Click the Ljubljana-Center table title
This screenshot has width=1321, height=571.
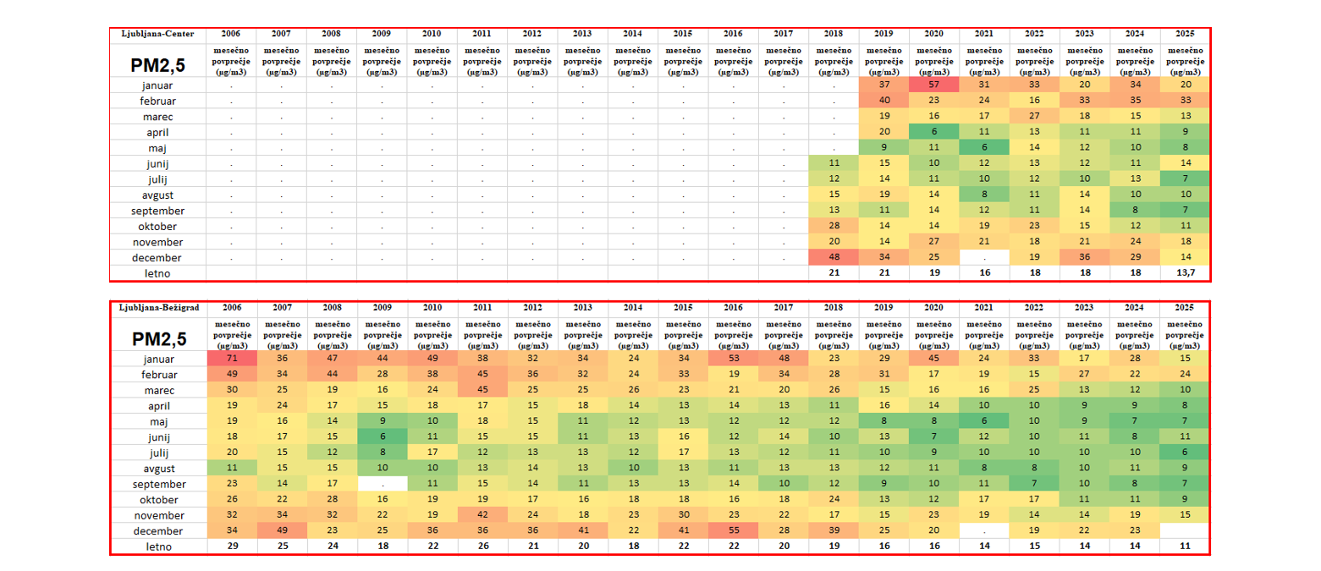158,34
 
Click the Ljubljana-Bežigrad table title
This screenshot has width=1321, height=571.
158,308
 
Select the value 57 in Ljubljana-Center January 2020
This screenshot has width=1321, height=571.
934,85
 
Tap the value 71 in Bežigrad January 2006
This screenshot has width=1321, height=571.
231,360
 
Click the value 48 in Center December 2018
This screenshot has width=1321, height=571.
834,257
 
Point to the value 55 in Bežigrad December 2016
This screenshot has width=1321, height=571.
734,530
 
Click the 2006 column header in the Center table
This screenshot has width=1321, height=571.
231,34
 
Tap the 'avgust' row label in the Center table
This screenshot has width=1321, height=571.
158,195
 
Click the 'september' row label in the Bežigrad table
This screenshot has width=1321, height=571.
158,484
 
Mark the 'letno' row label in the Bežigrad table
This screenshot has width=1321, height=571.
158,546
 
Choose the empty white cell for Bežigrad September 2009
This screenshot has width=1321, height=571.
382,484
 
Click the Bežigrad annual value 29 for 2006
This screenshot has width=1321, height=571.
231,546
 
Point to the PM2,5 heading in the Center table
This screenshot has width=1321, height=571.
158,64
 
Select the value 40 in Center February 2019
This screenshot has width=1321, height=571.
884,101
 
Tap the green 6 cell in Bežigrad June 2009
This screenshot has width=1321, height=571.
382,437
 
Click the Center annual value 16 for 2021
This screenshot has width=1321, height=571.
984,273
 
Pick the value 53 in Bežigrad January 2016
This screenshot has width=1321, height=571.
734,360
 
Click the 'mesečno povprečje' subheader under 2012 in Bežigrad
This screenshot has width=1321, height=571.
532,334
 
